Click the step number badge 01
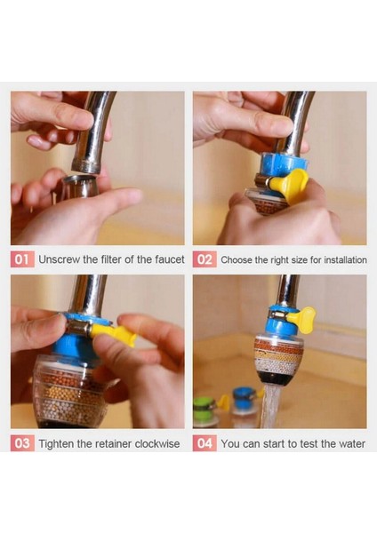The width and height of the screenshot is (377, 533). click(x=22, y=259)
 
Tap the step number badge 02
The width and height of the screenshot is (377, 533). click(x=205, y=259)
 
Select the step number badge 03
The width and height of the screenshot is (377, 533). click(x=22, y=443)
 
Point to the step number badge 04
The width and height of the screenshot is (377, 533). click(x=205, y=443)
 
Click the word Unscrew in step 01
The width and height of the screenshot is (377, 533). click(x=60, y=259)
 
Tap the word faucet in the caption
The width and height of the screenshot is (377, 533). click(x=170, y=259)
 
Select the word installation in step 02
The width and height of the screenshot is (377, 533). click(x=345, y=260)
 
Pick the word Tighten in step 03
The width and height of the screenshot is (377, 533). click(x=54, y=443)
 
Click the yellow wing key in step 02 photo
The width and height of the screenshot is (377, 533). click(x=290, y=185)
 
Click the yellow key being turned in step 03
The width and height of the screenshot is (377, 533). click(x=113, y=333)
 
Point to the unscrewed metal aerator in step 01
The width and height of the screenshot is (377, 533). click(x=80, y=187)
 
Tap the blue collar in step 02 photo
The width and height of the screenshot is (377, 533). click(x=284, y=164)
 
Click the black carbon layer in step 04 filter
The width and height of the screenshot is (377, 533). click(x=276, y=377)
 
